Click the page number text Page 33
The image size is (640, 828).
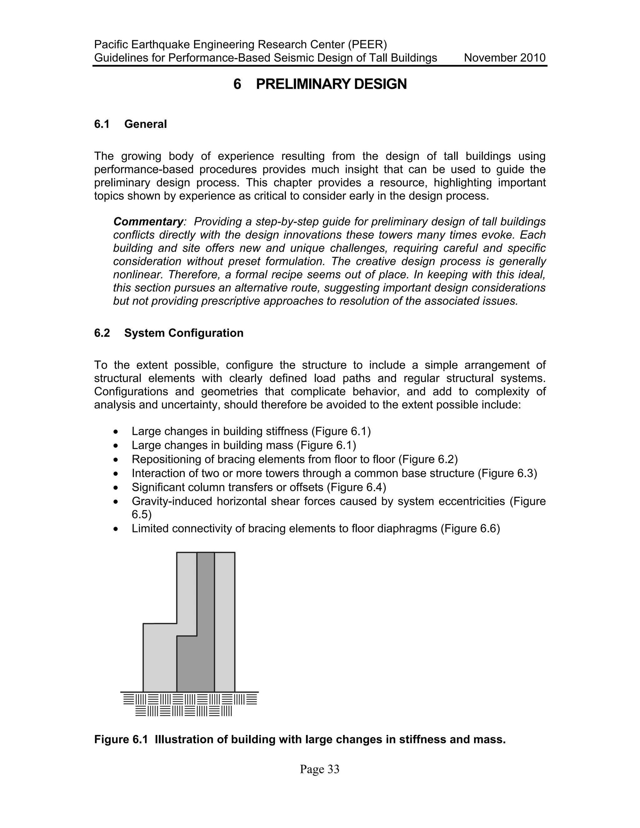(x=319, y=769)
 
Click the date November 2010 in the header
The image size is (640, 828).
(x=504, y=58)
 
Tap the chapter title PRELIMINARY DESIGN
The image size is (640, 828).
(x=331, y=84)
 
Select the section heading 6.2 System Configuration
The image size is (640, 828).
(x=169, y=333)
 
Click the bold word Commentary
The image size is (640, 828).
(x=148, y=222)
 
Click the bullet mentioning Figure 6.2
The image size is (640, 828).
(x=295, y=460)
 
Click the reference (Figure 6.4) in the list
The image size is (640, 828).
(x=356, y=487)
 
